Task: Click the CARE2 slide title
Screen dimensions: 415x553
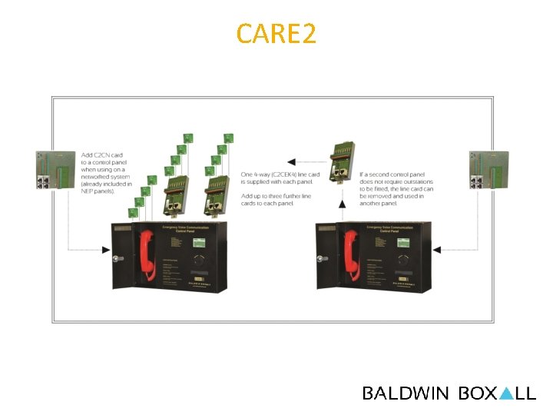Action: [x=276, y=34]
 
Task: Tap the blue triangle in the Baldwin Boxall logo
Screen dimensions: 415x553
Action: [x=505, y=393]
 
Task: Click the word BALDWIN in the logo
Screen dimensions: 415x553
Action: [x=406, y=393]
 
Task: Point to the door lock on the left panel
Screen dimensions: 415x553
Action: [x=118, y=259]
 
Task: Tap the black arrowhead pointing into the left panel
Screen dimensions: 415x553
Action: [x=108, y=249]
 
